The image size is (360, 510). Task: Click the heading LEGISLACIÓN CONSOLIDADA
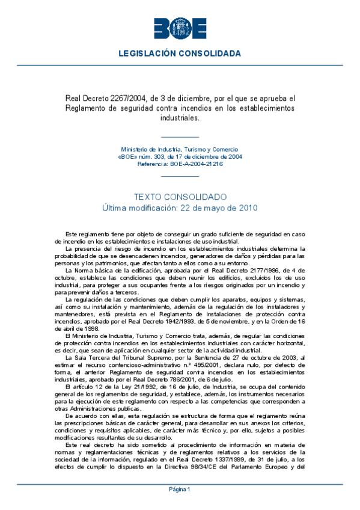click(x=180, y=54)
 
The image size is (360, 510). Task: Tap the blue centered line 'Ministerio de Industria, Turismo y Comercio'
click(x=180, y=149)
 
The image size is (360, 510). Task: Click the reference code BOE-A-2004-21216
click(x=197, y=164)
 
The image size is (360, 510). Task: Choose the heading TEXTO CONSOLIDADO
click(x=180, y=197)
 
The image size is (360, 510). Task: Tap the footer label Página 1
click(x=180, y=490)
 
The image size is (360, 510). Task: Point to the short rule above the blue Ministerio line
click(x=180, y=137)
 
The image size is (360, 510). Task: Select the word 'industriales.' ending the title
click(x=180, y=118)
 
